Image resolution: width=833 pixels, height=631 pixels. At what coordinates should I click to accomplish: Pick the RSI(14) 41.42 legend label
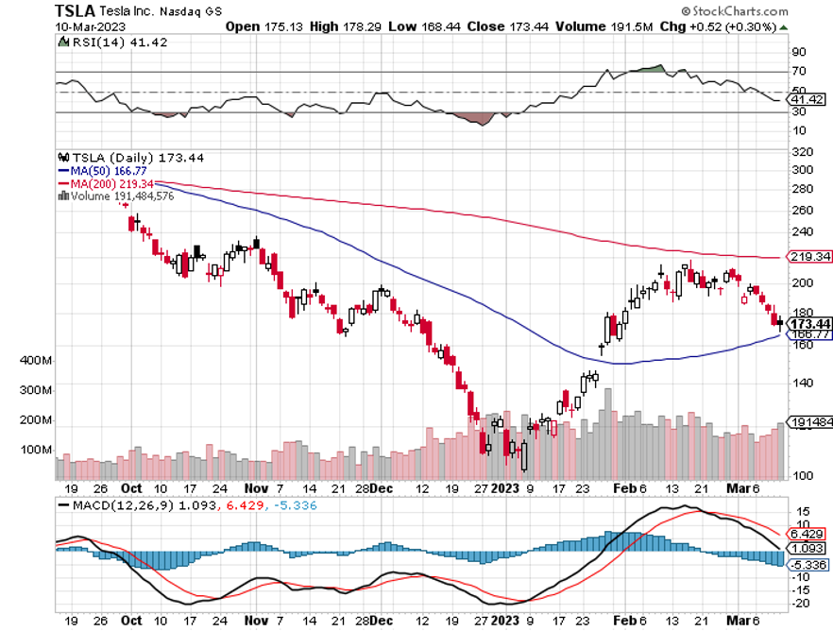(103, 43)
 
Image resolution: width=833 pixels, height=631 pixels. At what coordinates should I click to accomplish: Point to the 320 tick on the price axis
(802, 151)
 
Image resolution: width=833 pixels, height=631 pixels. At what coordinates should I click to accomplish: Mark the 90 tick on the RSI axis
(799, 52)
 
